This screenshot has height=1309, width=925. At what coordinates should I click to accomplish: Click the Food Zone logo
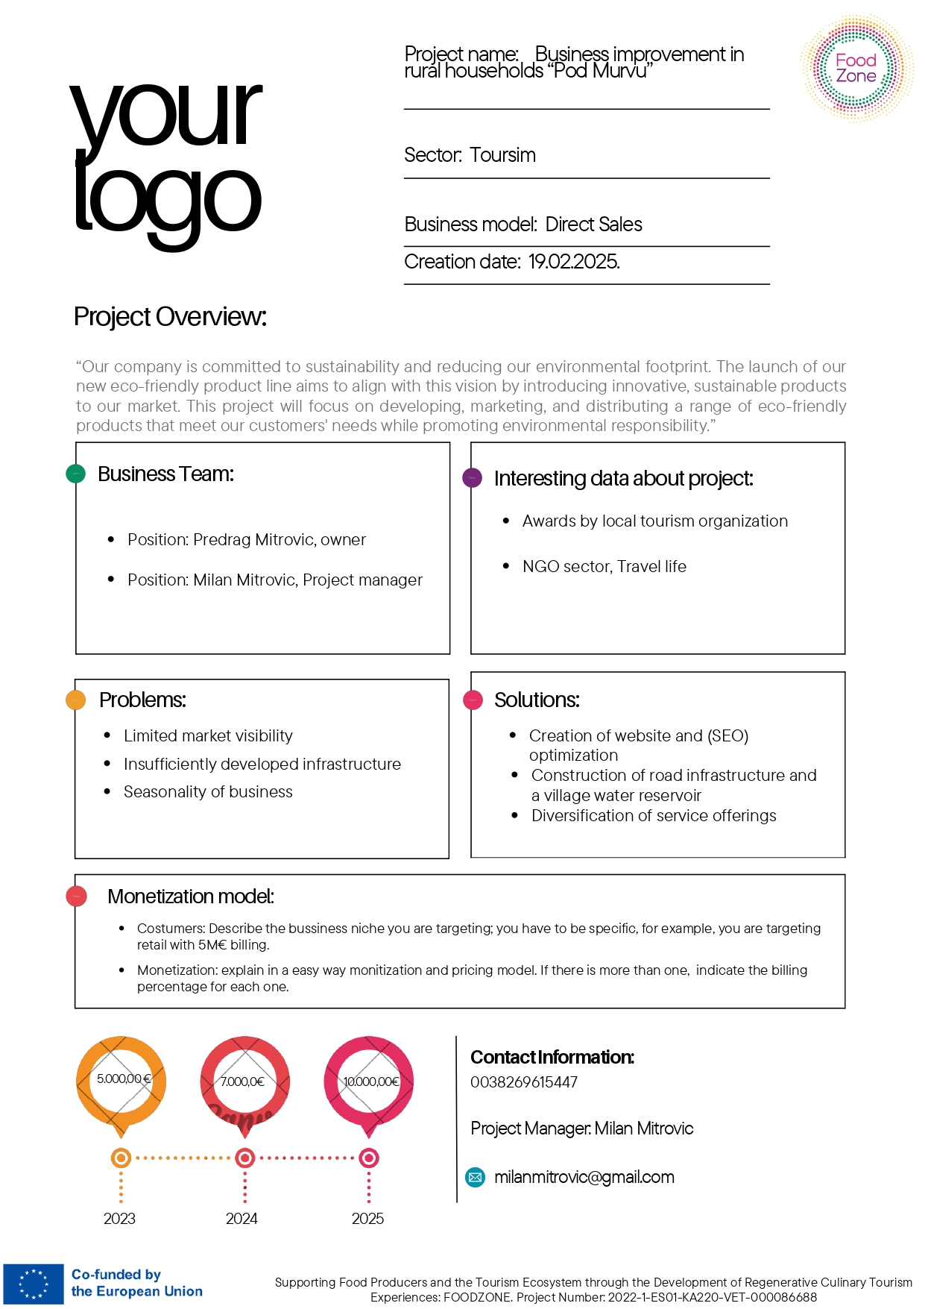coord(856,69)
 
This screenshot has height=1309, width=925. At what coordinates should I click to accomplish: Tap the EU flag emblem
coord(34,1284)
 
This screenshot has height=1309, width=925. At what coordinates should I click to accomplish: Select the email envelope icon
coord(474,1177)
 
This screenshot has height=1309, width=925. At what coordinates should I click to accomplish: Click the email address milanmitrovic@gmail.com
coord(584,1177)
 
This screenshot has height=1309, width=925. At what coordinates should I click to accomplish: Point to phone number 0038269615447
coord(523,1082)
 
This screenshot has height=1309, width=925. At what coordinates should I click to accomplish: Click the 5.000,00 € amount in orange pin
coord(123,1079)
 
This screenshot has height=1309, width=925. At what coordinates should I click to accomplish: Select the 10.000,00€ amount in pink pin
coord(370,1082)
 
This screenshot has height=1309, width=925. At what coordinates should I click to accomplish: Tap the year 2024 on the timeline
coord(241,1219)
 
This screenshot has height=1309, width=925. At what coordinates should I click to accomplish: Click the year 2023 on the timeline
coord(119,1219)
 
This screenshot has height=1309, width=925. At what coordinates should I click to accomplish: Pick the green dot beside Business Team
coord(76,474)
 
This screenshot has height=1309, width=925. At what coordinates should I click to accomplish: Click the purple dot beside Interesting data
coord(472,478)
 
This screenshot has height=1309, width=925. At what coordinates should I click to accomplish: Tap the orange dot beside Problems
coord(76,700)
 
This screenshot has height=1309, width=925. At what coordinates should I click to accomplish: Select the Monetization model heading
coord(191,897)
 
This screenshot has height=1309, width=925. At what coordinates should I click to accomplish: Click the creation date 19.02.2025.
coord(573,262)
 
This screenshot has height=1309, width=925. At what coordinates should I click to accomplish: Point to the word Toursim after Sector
coord(502,155)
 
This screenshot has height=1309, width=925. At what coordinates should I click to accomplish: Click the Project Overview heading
coord(170,317)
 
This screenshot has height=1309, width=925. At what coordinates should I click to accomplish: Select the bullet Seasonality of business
coord(208,792)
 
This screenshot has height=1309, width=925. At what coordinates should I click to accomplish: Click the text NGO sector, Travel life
coord(604,567)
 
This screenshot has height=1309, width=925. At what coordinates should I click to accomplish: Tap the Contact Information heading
coord(552,1057)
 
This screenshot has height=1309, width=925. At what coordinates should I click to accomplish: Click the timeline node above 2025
coord(369,1158)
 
